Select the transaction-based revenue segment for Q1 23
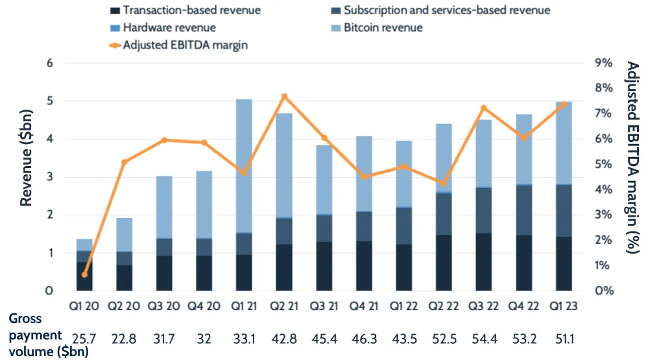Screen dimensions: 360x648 click(x=563, y=263)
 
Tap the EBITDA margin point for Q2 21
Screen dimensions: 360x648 click(x=284, y=97)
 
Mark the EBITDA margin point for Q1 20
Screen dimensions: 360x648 click(x=84, y=275)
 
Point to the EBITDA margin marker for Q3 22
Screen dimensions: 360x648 click(x=483, y=108)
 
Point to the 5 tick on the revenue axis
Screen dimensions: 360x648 click(x=49, y=101)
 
